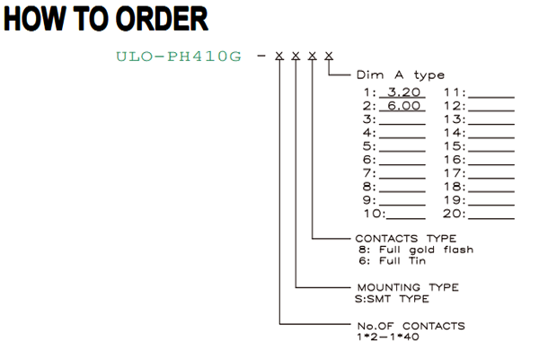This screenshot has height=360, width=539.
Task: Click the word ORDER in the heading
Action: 161,19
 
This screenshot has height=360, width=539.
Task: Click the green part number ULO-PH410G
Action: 179,57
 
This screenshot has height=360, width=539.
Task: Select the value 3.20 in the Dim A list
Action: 403,92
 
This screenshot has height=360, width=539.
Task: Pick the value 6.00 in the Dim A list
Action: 403,106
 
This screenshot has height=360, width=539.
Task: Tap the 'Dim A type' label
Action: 400,75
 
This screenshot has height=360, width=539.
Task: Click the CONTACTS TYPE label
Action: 406,239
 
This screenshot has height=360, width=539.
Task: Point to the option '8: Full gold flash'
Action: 416,250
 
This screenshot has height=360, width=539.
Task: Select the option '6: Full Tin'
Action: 393,260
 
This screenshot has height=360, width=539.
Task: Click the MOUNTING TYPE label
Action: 408,287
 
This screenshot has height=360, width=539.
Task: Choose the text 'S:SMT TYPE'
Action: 392,299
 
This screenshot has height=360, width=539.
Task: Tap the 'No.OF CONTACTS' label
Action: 411,326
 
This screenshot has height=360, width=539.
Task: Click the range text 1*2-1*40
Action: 388,337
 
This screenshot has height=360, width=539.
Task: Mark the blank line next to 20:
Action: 491,218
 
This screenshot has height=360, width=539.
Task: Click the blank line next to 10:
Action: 406,218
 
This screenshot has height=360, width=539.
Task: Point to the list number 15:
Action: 455,146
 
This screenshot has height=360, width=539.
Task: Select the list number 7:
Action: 369,173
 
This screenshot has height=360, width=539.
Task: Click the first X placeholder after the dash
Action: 279,56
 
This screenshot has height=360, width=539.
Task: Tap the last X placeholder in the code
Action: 329,56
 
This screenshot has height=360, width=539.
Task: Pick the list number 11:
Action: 455,92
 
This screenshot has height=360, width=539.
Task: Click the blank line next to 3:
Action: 402,125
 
